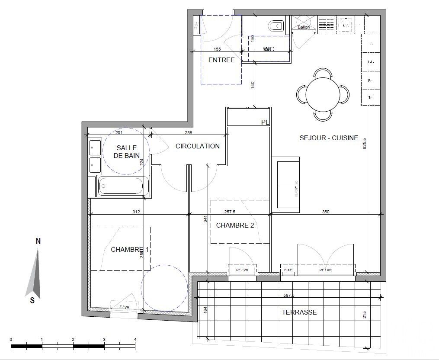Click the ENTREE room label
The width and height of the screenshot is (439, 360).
[x=221, y=60]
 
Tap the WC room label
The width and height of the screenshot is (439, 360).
[x=269, y=49]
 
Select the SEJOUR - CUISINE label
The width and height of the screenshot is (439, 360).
[x=329, y=138]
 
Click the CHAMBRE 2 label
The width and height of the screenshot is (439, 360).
[x=235, y=225]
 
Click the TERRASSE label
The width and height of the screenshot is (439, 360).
[x=299, y=312]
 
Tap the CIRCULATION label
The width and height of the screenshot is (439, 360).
[x=197, y=146]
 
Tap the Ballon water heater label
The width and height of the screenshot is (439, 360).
[x=304, y=27]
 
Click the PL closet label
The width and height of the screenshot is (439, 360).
[x=265, y=122]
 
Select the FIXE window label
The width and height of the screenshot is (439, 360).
[x=288, y=270]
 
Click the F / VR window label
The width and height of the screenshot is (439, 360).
[x=124, y=307]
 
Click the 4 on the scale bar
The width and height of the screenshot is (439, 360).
[x=135, y=339]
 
